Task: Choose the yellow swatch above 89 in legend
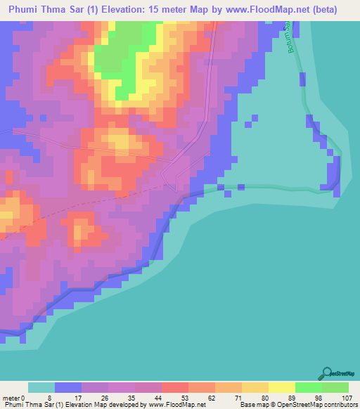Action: tap(281, 387)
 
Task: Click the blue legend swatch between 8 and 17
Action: tap(68, 387)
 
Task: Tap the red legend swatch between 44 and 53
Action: tap(175, 387)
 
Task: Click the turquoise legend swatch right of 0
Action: tap(41, 387)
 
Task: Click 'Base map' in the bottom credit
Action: tap(252, 405)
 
